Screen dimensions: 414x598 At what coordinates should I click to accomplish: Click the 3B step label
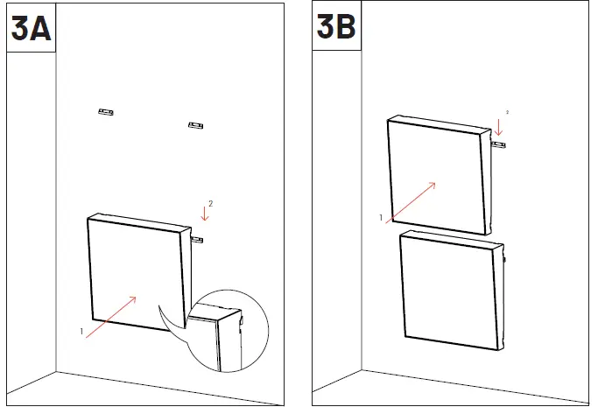tap(336, 29)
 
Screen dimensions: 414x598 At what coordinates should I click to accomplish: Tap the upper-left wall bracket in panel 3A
tap(107, 111)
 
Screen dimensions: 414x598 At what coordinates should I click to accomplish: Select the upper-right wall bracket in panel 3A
tap(196, 126)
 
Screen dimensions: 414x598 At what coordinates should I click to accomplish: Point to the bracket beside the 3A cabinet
tap(197, 237)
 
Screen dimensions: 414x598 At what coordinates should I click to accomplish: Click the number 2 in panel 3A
tap(210, 203)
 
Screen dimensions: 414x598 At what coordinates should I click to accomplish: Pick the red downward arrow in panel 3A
tap(204, 213)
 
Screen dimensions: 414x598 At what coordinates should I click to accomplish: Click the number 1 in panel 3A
tap(81, 332)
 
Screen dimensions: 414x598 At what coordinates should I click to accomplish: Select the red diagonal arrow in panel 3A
tap(111, 316)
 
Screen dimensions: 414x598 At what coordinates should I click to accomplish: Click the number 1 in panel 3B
tap(381, 216)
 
